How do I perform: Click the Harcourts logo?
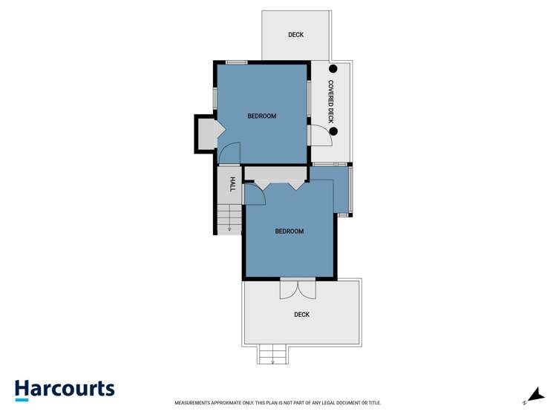[65, 390]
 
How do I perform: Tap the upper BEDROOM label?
[261, 116]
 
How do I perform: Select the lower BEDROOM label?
[290, 232]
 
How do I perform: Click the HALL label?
[232, 184]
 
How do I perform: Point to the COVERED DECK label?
[332, 102]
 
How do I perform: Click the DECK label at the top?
[295, 35]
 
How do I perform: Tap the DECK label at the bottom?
[301, 315]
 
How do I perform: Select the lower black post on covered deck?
[333, 132]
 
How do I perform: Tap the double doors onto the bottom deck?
[298, 289]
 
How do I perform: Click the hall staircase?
[230, 219]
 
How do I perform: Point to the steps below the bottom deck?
[272, 355]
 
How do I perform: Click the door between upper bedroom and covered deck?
[320, 136]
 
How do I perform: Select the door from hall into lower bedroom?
[253, 194]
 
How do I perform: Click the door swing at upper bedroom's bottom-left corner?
[229, 152]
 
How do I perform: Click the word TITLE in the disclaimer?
[373, 403]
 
